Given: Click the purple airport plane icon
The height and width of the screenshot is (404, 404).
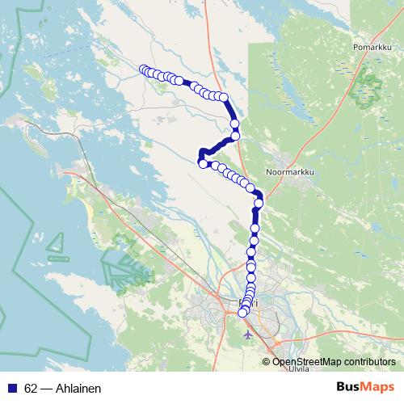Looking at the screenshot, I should pyautogui.click(x=246, y=332).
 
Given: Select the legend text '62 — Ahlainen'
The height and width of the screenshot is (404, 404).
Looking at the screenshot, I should pyautogui.click(x=62, y=388).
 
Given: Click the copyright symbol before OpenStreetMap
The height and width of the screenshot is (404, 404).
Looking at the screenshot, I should pyautogui.click(x=267, y=361).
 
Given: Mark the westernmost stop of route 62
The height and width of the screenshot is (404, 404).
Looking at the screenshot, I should pyautogui.click(x=144, y=69).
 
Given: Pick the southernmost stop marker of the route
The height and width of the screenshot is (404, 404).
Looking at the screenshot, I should pyautogui.click(x=242, y=313).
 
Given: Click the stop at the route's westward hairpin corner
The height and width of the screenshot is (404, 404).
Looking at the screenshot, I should pyautogui.click(x=202, y=164).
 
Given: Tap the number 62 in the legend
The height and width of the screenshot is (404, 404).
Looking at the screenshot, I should pyautogui.click(x=31, y=388).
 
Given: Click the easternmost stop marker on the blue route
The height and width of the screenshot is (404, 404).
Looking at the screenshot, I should pyautogui.click(x=259, y=203).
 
